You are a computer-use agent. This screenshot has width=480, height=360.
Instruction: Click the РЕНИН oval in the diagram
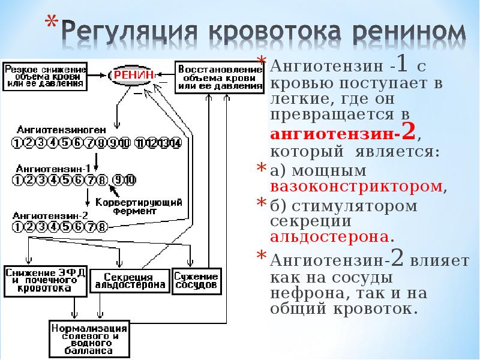(x=134, y=74)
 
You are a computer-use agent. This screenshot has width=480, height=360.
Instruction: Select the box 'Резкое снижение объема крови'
(x=45, y=77)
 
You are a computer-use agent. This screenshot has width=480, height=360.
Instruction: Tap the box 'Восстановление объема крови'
(x=219, y=77)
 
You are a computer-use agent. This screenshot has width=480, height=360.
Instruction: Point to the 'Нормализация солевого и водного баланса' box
(x=89, y=340)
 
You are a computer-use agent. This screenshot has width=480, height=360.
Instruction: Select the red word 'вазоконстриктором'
(x=357, y=186)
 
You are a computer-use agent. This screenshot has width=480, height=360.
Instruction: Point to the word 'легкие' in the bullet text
(x=299, y=98)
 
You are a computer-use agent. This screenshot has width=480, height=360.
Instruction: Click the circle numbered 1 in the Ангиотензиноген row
(x=17, y=143)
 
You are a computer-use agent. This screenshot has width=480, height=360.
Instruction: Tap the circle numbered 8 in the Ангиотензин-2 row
(x=102, y=227)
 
